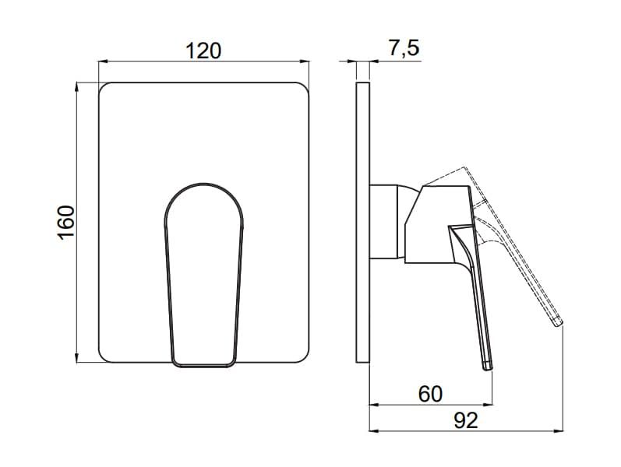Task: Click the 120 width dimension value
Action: (203, 51)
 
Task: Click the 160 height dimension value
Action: (66, 223)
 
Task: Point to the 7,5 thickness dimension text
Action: (403, 49)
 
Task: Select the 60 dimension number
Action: (430, 394)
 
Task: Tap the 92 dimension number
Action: (466, 420)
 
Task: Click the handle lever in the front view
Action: (203, 275)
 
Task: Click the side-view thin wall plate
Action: (363, 222)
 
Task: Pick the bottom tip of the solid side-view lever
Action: (488, 369)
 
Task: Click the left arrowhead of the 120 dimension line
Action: (102, 61)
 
